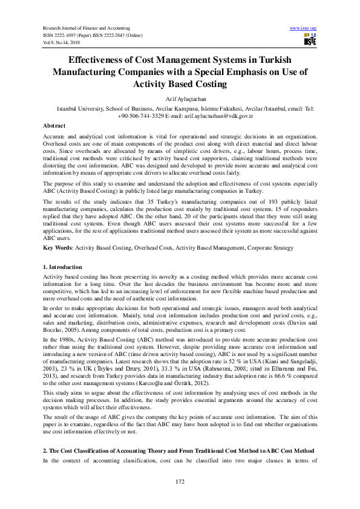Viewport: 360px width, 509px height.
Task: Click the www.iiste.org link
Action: (304, 28)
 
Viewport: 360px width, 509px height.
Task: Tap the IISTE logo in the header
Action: (309, 40)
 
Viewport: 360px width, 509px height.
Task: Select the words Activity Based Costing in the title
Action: (180, 84)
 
